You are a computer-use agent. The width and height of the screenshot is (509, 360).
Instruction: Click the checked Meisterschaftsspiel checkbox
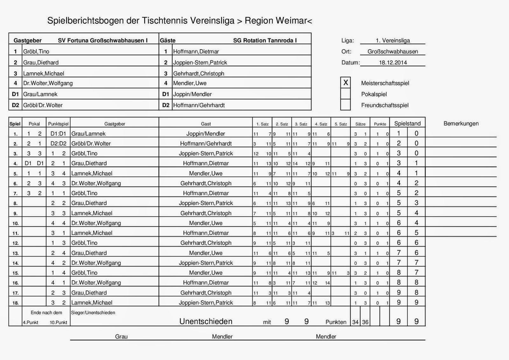coord(345,83)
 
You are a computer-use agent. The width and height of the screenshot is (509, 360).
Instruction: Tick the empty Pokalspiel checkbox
coord(345,94)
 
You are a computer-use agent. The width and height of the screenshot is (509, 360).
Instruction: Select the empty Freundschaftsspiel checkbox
coord(345,105)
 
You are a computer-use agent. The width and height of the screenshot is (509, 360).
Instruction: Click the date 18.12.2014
coord(393,62)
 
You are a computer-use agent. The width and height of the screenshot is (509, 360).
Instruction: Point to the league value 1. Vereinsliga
coord(393,40)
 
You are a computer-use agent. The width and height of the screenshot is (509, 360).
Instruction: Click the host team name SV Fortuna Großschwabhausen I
coord(103,40)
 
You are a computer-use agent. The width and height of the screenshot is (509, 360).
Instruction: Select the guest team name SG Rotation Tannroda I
coord(265,40)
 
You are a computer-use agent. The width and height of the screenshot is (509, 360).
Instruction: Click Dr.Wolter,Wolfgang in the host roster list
coord(48,83)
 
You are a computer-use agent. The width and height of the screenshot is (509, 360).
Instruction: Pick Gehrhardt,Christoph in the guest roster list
coord(199,74)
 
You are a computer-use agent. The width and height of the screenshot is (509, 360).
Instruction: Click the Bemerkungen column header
coord(461,124)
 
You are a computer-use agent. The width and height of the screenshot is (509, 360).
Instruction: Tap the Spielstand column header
coord(407,124)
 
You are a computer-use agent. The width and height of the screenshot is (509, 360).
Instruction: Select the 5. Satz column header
coord(341,124)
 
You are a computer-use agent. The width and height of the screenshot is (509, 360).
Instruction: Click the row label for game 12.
coord(15,243)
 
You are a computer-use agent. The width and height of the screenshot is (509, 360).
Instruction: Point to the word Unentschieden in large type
coord(206,321)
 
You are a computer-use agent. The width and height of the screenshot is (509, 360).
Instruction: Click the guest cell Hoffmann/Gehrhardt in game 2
coord(206,144)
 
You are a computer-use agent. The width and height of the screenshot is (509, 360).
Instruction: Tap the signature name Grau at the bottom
coord(121,336)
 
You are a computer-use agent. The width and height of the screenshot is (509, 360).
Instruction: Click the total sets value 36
coord(365,322)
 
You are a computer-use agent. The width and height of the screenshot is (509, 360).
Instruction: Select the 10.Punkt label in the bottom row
coord(58,322)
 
